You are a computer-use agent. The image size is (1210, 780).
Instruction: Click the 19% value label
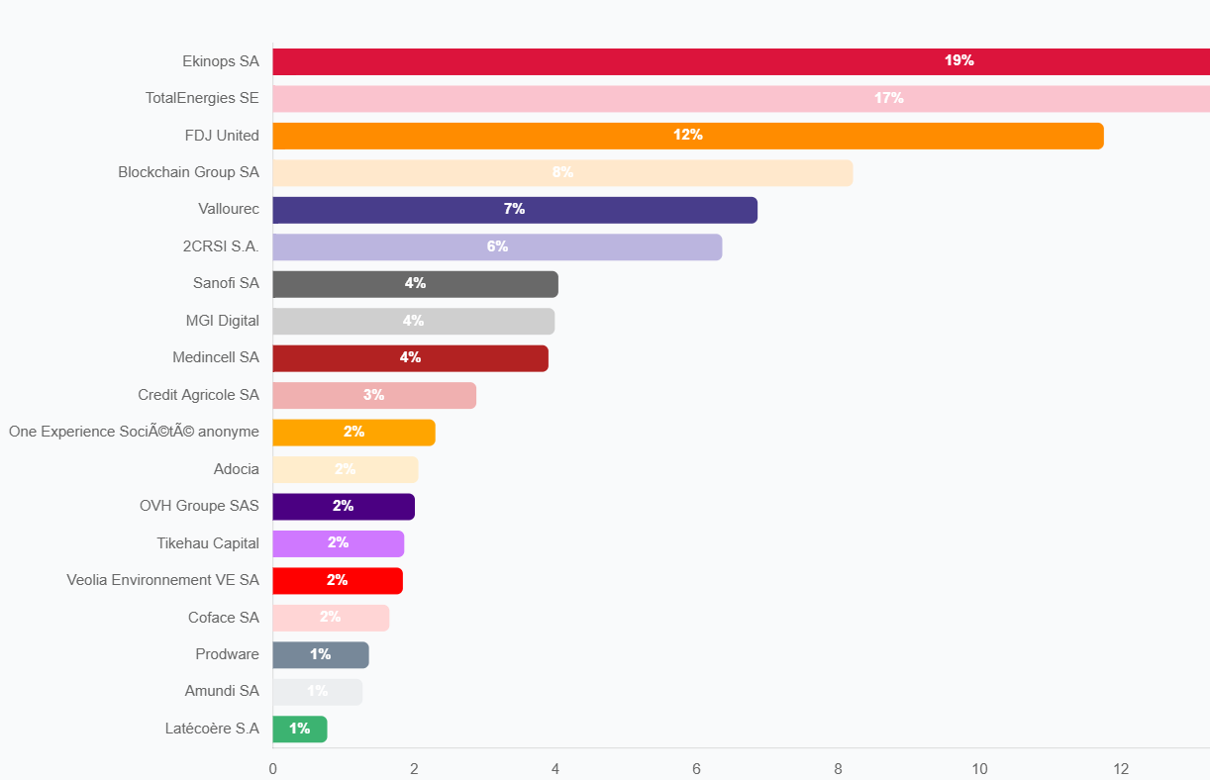click(958, 60)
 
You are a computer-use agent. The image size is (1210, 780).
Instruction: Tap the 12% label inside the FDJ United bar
click(688, 135)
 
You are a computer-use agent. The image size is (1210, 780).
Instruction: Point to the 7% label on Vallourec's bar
click(514, 209)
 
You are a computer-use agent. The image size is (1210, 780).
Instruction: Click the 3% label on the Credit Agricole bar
click(373, 395)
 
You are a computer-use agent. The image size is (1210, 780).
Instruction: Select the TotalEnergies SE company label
click(202, 98)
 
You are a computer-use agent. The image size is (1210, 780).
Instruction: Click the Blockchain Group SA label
click(188, 172)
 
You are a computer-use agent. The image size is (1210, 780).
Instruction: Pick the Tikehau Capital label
click(208, 543)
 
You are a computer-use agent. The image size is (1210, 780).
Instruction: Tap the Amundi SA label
click(222, 691)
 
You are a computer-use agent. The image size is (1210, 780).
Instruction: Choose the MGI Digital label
click(222, 321)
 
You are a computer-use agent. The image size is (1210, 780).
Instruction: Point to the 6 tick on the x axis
click(696, 769)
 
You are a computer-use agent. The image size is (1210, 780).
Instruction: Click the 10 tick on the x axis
click(979, 769)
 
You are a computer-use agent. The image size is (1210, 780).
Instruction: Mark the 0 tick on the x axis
click(272, 769)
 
